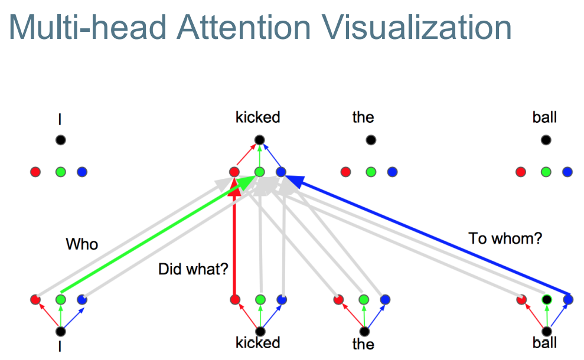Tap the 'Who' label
pyautogui.click(x=81, y=244)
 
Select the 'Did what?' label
pyautogui.click(x=193, y=270)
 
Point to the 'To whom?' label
pyautogui.click(x=504, y=239)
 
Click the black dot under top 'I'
pyautogui.click(x=60, y=140)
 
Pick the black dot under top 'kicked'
pyautogui.click(x=259, y=140)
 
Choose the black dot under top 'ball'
pyautogui.click(x=545, y=140)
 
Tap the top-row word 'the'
pyautogui.click(x=363, y=117)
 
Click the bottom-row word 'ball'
pyautogui.click(x=544, y=342)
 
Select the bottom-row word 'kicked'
pyautogui.click(x=257, y=342)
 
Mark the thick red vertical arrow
pyautogui.click(x=235, y=248)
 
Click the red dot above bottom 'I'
pyautogui.click(x=35, y=299)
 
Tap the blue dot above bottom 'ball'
pyautogui.click(x=568, y=299)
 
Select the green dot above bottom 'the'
pyautogui.click(x=363, y=299)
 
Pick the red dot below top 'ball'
pyautogui.click(x=521, y=172)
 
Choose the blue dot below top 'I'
pyautogui.click(x=82, y=172)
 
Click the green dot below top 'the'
pyautogui.click(x=371, y=172)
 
